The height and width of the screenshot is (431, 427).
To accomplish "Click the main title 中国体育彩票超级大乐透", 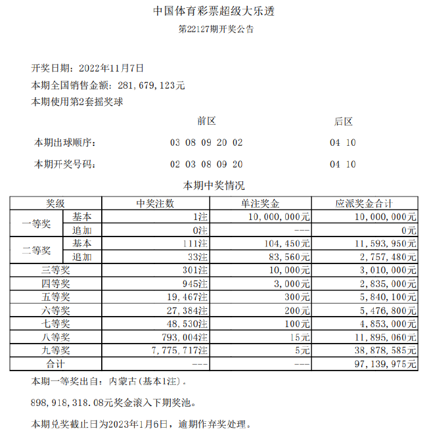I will (213, 11).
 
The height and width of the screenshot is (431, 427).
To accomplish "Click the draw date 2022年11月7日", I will (111, 68).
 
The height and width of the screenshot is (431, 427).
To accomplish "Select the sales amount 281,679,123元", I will (151, 85).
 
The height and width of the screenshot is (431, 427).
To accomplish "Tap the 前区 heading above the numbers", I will (206, 121).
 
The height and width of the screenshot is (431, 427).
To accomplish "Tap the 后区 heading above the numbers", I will (343, 121).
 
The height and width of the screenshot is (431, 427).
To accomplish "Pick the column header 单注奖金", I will (261, 204).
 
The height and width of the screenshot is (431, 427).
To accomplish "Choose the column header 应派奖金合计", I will (365, 204).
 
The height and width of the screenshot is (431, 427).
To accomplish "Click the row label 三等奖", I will (55, 270).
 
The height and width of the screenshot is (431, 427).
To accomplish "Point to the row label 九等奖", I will (55, 351).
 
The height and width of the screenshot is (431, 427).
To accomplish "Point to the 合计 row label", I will (55, 364).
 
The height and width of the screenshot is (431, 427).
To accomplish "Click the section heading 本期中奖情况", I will (213, 186).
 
